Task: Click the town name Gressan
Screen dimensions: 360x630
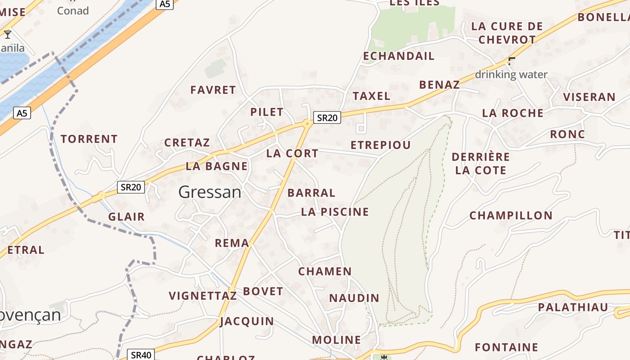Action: pyautogui.click(x=210, y=192)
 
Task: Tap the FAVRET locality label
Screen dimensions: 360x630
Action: pyautogui.click(x=213, y=90)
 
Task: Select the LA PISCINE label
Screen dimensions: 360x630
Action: pyautogui.click(x=335, y=212)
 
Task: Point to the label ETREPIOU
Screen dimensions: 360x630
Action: pyautogui.click(x=380, y=145)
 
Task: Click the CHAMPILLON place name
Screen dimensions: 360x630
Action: pyautogui.click(x=511, y=216)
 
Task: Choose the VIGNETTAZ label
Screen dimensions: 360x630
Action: pyautogui.click(x=202, y=296)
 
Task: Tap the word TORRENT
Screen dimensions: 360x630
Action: pyautogui.click(x=89, y=139)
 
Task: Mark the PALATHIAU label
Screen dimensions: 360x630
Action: pyautogui.click(x=573, y=308)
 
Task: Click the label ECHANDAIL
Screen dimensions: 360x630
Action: pyautogui.click(x=399, y=56)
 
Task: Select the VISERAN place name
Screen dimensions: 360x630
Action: pyautogui.click(x=589, y=97)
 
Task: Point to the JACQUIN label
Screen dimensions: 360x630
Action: pyautogui.click(x=247, y=321)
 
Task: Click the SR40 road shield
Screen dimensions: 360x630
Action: pyautogui.click(x=141, y=355)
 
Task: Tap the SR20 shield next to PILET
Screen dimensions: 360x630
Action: pyautogui.click(x=327, y=117)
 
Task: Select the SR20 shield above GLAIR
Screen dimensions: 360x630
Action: pyautogui.click(x=131, y=187)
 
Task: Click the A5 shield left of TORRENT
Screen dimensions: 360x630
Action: pyautogui.click(x=22, y=113)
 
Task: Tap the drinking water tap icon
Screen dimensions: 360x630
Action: pyautogui.click(x=512, y=61)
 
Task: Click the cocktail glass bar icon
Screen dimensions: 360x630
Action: pyautogui.click(x=8, y=35)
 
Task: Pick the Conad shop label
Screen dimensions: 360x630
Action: pyautogui.click(x=73, y=11)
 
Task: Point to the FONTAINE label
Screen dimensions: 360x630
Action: pyautogui.click(x=506, y=347)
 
